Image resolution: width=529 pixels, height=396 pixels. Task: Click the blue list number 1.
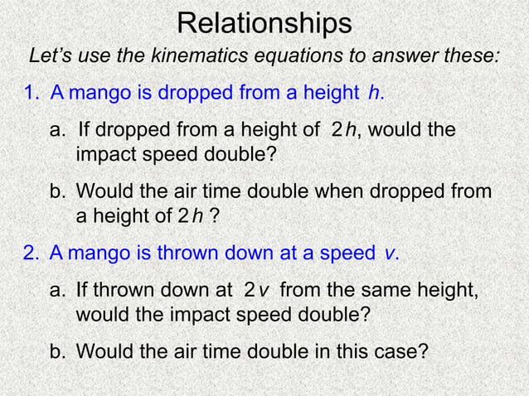tap(32, 93)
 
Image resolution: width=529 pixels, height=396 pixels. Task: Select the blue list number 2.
tap(32, 254)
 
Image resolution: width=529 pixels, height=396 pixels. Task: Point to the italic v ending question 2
tap(390, 254)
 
